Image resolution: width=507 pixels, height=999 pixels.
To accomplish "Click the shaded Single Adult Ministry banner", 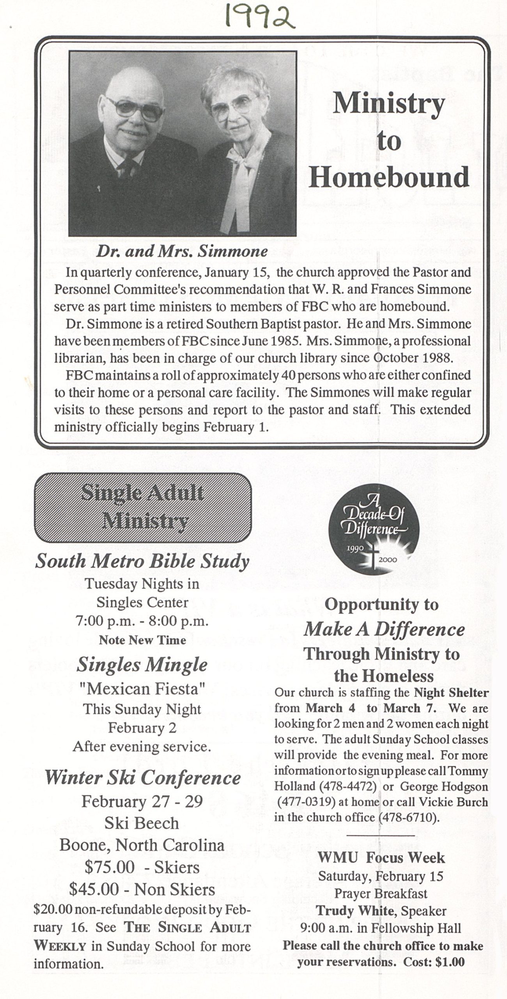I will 143,507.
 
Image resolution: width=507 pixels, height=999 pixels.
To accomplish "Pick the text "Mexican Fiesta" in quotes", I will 142,689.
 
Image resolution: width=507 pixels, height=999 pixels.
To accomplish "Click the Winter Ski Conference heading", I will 142,778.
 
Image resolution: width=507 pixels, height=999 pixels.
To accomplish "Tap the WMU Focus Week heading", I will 381,857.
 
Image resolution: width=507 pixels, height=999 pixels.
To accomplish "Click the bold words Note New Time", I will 142,640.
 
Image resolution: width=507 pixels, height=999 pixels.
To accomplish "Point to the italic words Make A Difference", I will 384,629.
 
